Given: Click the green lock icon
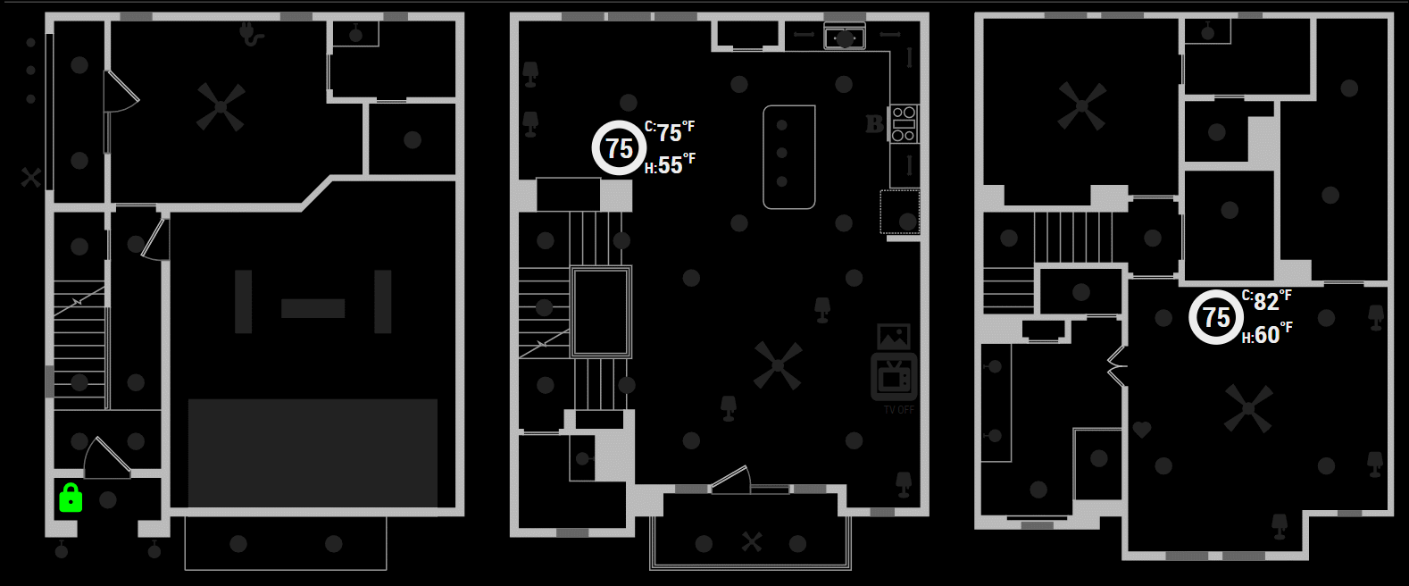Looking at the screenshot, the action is [71, 498].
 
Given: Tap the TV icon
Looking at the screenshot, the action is [893, 377].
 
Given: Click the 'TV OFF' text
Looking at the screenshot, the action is [898, 410].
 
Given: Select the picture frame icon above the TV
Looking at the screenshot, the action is [893, 337].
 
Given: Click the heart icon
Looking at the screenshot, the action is [1141, 430].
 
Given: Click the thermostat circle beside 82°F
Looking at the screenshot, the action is [1215, 317].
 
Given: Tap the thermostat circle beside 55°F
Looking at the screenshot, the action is [619, 147].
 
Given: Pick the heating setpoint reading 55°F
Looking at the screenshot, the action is [671, 165].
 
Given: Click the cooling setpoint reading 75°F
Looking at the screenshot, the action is [671, 132].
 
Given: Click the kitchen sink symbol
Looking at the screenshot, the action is [844, 38].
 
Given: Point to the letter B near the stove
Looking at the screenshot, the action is [874, 124].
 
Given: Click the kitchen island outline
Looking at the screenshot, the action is [788, 156].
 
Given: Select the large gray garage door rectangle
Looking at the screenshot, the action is [313, 453].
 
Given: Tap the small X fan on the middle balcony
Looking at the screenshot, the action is [752, 541].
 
